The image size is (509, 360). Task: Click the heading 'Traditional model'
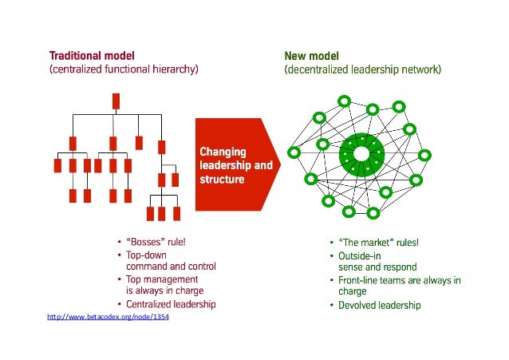[92, 56]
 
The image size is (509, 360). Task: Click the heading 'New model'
[311, 56]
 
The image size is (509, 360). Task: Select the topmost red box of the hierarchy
[116, 101]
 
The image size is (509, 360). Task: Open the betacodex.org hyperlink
[109, 318]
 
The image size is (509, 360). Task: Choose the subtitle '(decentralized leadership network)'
[362, 69]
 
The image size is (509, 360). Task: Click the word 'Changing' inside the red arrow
[223, 152]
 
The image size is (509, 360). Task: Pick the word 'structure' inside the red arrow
[222, 180]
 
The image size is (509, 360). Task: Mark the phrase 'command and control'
[171, 266]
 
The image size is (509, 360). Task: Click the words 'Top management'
[162, 279]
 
